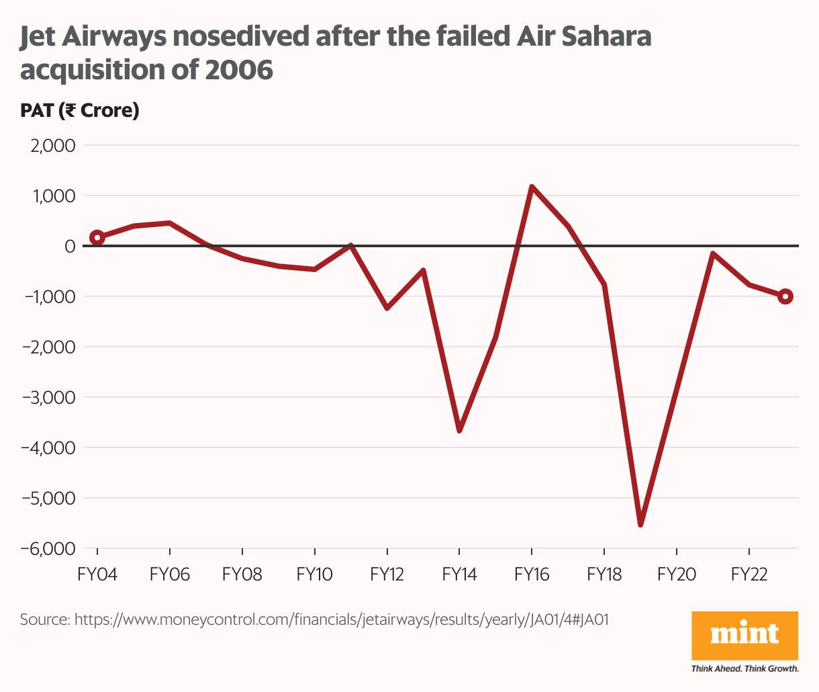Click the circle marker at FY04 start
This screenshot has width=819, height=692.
click(x=97, y=237)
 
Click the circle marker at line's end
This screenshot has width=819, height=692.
click(x=785, y=296)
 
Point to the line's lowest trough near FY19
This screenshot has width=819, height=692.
click(x=640, y=524)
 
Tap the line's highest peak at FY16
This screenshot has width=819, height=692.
click(x=532, y=187)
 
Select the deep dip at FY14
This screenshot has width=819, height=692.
click(x=459, y=430)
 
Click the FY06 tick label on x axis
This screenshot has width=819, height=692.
click(x=169, y=574)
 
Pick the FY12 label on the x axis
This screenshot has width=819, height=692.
click(x=387, y=574)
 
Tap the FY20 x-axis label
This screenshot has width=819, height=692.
click(x=677, y=574)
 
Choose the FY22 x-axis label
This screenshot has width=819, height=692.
click(x=749, y=574)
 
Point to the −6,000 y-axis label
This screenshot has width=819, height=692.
click(x=48, y=549)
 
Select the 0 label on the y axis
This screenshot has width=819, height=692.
click(x=69, y=247)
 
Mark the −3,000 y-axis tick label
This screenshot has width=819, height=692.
click(x=48, y=398)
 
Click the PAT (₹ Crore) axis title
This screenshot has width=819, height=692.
click(x=79, y=110)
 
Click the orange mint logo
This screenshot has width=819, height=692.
click(x=744, y=635)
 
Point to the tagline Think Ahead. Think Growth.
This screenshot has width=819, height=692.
click(x=744, y=668)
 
